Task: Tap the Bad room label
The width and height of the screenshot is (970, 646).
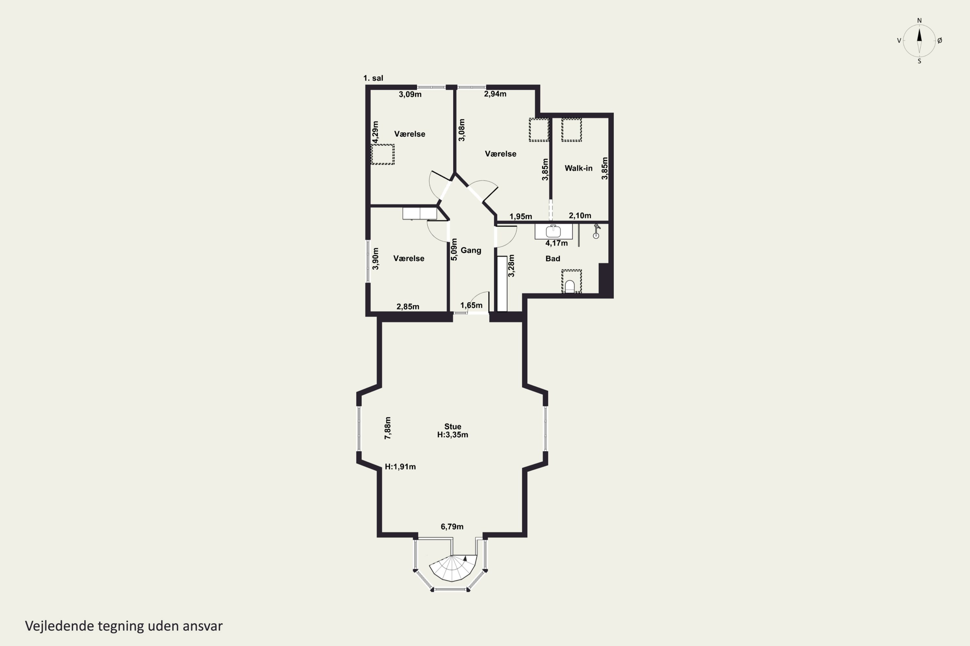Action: (x=553, y=259)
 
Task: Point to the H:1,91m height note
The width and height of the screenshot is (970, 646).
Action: (x=400, y=467)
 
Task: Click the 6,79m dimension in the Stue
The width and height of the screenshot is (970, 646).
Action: (x=452, y=526)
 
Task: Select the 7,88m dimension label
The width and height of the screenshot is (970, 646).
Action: (x=388, y=428)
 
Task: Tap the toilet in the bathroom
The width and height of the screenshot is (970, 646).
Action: (x=569, y=286)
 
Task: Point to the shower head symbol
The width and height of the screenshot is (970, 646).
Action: (x=596, y=231)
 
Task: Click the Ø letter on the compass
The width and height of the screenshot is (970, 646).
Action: (x=940, y=40)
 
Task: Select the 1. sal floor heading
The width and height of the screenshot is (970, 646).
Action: (x=373, y=78)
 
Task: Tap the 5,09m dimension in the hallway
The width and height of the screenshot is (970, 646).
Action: (x=454, y=250)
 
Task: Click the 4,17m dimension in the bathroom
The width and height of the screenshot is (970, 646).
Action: (x=556, y=243)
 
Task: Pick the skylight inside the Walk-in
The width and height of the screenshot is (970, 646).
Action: (x=572, y=130)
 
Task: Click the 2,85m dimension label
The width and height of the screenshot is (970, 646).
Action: (x=408, y=307)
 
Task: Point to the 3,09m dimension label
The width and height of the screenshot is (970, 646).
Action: (x=410, y=94)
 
